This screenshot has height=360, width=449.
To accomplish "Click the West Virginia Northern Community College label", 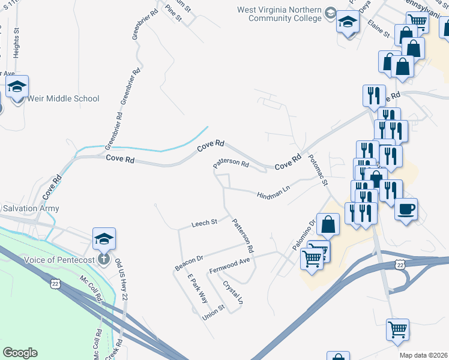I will (280, 14).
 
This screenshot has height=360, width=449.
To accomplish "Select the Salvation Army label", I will (31, 208).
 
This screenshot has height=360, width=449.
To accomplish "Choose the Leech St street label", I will (204, 223).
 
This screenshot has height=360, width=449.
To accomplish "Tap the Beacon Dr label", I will (190, 260).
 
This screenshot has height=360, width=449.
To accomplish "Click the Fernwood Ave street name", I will (229, 266).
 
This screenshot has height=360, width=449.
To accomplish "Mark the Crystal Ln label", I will (233, 292).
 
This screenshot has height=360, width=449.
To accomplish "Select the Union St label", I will (213, 312).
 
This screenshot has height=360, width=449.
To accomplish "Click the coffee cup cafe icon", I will (406, 208).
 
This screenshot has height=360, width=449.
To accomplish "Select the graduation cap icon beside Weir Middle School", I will (17, 87).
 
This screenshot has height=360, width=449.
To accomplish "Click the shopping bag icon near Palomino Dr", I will (328, 224).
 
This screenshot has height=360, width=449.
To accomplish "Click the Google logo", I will (20, 353).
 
